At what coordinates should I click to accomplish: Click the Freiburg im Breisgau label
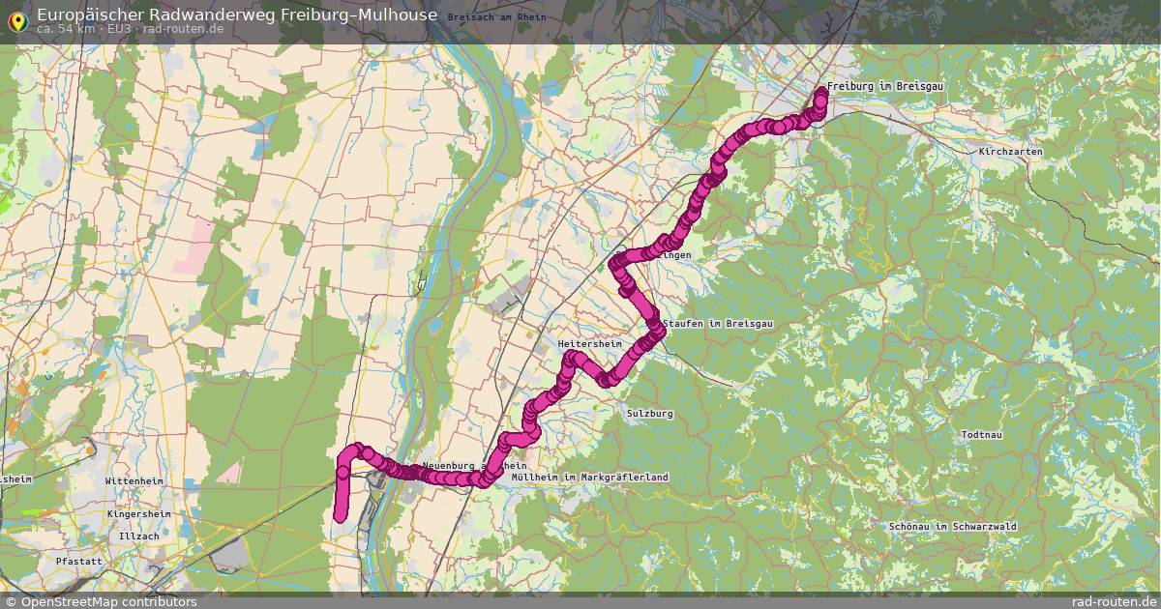[x=884, y=87]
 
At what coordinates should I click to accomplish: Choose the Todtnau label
[x=987, y=436]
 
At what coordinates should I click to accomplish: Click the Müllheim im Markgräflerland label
[x=589, y=478]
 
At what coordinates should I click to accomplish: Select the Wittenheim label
[x=134, y=481]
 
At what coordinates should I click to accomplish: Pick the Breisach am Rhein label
[x=497, y=17]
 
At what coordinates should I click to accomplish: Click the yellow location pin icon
[x=17, y=19]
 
